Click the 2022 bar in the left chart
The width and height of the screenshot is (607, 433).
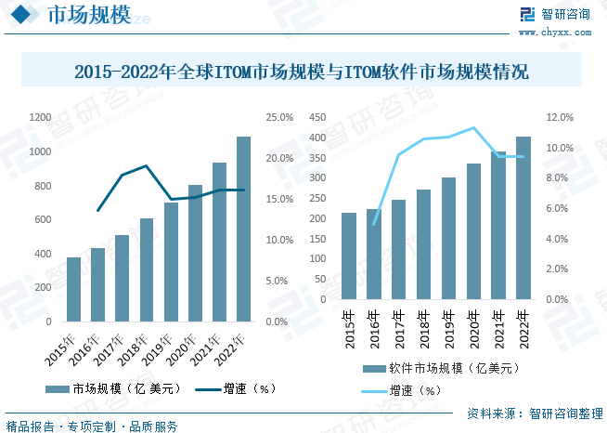[x=243, y=229]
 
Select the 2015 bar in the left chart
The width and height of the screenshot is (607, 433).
[x=73, y=289]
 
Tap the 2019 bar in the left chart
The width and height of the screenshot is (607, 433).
[x=171, y=262]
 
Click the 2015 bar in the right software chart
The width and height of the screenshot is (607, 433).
[x=348, y=256]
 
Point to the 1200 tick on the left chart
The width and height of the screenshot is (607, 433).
[x=40, y=117]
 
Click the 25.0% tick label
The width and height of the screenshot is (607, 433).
[x=279, y=117]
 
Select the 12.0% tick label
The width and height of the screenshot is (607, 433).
[x=562, y=117]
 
